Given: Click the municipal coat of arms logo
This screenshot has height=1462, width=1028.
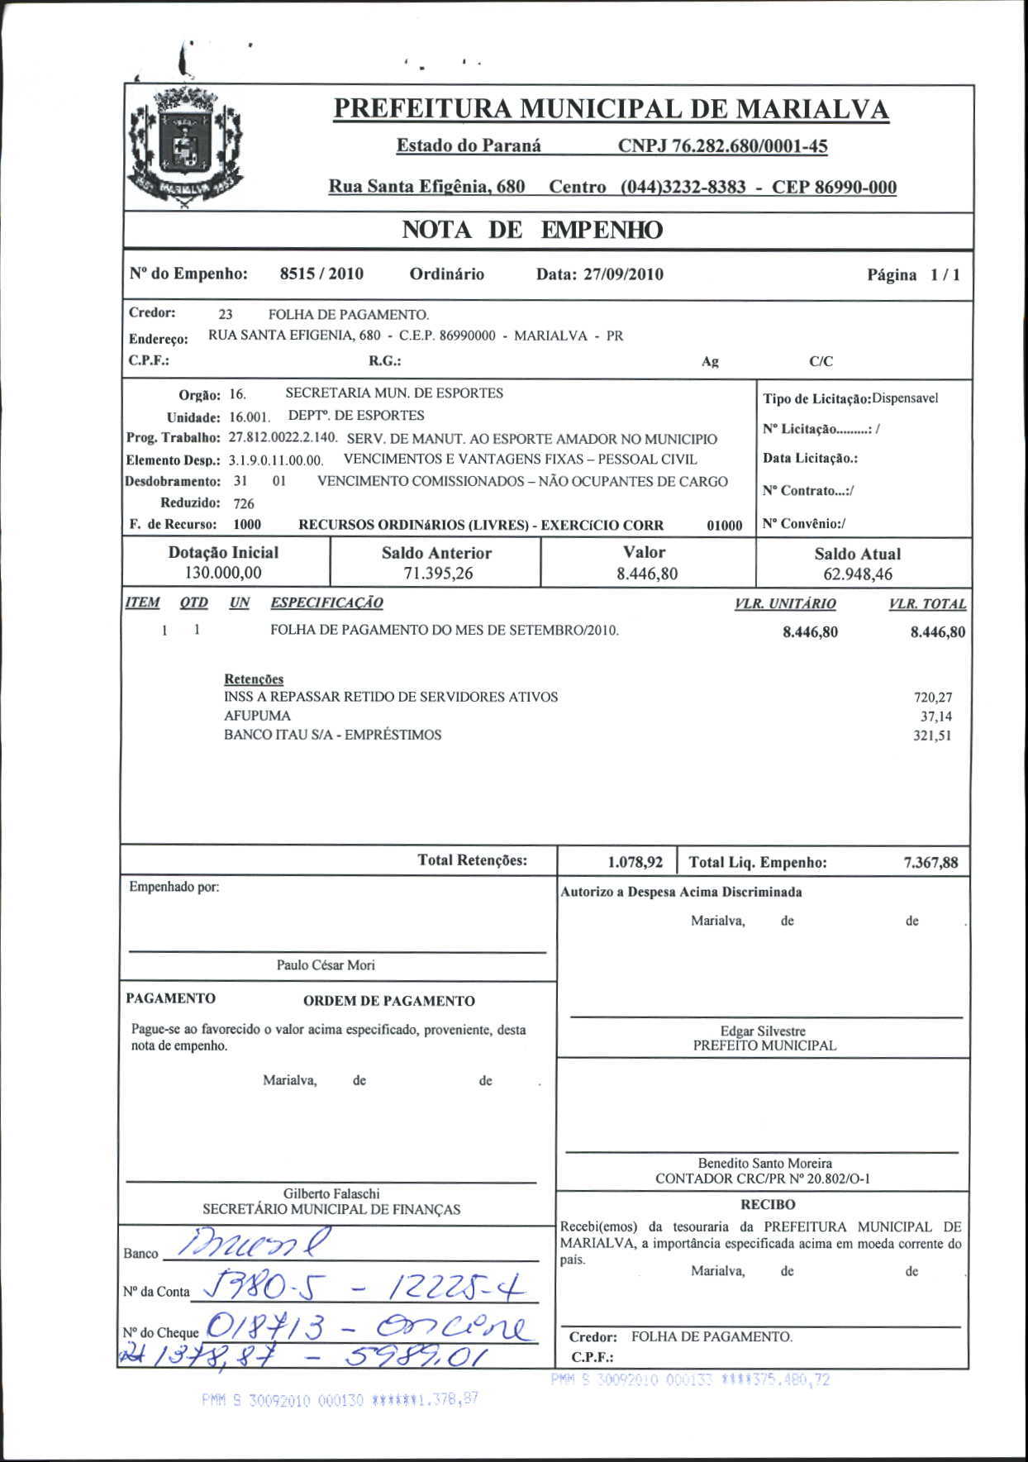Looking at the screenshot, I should pos(185,146).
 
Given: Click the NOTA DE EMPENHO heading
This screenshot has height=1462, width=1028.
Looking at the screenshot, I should pos(532,231).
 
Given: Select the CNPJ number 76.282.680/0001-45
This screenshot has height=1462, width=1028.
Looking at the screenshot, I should pos(722,146).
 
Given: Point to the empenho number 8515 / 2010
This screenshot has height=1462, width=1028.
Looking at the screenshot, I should pos(321,274).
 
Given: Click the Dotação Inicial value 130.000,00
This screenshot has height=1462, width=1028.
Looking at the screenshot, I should pos(223,573).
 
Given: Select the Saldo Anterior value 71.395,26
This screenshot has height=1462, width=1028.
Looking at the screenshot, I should pos(438,574).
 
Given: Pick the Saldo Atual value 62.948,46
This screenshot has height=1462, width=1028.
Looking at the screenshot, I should pos(858,574).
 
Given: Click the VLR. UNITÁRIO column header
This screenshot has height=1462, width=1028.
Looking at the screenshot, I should pos(785,604).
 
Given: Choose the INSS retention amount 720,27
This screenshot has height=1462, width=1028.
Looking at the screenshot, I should pos(932,698).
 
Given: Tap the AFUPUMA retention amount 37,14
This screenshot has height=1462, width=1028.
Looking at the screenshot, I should pos(935,717).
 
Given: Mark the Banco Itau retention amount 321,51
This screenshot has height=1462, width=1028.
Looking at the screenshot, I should pos(932,736).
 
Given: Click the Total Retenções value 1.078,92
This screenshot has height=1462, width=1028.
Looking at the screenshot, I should pos(635,863).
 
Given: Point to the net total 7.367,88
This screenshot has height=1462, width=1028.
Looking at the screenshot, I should pos(930,863).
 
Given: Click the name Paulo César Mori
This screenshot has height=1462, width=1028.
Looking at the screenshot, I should pos(326,965).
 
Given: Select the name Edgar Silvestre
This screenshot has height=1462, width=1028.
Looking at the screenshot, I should pos(763,1031).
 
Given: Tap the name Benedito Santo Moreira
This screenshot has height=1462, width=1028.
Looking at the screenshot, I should pos(764,1163).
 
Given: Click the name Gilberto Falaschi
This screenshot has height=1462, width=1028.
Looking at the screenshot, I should pos(331,1193).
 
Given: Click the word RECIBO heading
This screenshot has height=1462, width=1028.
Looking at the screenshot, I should pos(768,1205).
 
